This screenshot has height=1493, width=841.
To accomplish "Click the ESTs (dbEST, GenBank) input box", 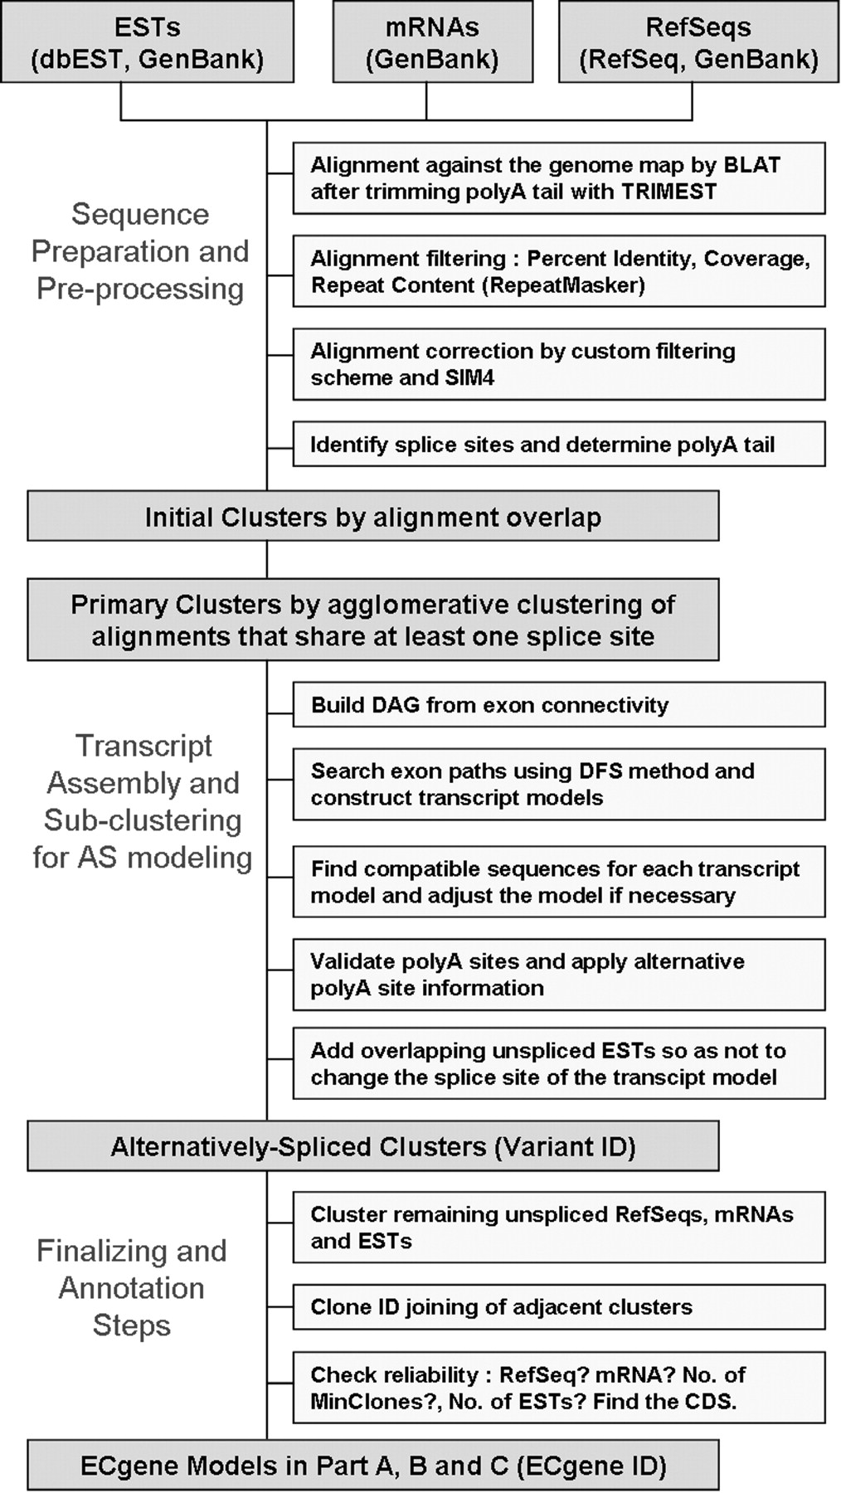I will pyautogui.click(x=147, y=42).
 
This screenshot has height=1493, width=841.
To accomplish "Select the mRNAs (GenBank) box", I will pyautogui.click(x=432, y=42).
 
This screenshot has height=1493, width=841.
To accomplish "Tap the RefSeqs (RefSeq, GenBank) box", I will pyautogui.click(x=698, y=42).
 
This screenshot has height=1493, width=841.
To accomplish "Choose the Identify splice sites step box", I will pyautogui.click(x=558, y=445).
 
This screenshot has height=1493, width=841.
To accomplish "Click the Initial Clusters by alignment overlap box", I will pyautogui.click(x=372, y=517).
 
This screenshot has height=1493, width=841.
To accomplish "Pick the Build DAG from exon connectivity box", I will pyautogui.click(x=558, y=705).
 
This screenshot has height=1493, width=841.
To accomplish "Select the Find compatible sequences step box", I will pyautogui.click(x=558, y=882).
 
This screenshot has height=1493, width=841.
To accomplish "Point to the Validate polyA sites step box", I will pyautogui.click(x=558, y=975).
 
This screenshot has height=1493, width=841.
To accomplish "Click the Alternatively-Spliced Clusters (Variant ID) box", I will pyautogui.click(x=372, y=1146).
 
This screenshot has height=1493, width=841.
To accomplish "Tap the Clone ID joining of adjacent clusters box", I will pyautogui.click(x=558, y=1307).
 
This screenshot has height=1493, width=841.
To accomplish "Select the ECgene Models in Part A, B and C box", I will pyautogui.click(x=372, y=1466).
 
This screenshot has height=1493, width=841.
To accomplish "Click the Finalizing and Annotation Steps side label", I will pyautogui.click(x=132, y=1287).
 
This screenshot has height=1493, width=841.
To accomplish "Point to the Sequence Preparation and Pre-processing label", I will pyautogui.click(x=140, y=251).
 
